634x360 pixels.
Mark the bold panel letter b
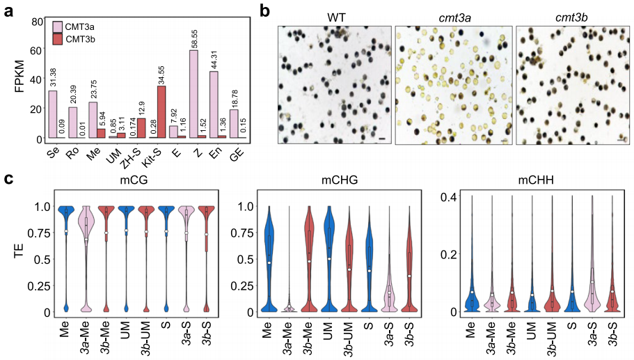(265, 10)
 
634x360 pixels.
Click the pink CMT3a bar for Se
(52, 115)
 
